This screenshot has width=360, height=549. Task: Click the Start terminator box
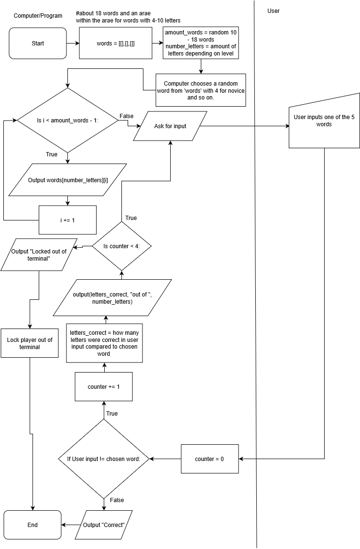point(38,44)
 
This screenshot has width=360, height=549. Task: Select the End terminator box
point(33,525)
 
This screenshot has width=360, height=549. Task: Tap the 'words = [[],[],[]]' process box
point(115,44)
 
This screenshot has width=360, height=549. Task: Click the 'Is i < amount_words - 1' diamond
point(67,121)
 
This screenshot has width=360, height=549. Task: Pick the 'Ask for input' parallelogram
point(170,126)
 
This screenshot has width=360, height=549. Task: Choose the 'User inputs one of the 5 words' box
point(324,121)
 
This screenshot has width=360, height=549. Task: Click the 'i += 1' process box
point(67,220)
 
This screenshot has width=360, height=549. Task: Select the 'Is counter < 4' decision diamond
point(121,246)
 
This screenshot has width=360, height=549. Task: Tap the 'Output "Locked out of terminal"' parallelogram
point(39,255)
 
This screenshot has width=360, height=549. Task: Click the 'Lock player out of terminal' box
point(30,343)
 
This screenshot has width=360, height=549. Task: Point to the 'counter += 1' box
point(104,386)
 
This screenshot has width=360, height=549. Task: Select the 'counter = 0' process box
point(209,459)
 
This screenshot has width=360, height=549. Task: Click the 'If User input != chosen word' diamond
point(104,459)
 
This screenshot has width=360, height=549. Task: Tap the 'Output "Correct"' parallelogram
point(104,525)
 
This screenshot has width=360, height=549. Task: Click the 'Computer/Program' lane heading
point(38,16)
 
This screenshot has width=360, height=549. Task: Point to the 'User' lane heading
point(273,11)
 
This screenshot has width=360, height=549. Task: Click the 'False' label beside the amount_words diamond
point(126,116)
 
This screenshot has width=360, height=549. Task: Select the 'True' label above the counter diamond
point(131,218)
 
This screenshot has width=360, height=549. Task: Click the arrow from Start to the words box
point(73,44)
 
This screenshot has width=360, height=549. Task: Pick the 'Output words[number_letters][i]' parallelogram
point(67,180)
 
